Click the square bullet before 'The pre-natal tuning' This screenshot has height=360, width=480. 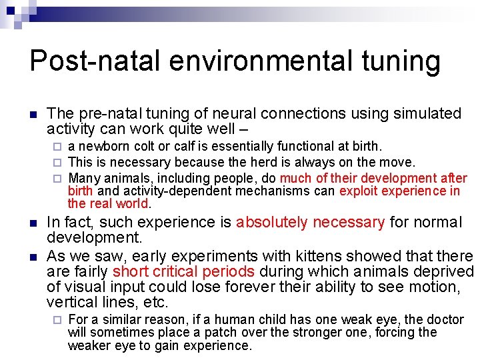pyautogui.click(x=33, y=115)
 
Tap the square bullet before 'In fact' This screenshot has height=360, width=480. pyautogui.click(x=33, y=223)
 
